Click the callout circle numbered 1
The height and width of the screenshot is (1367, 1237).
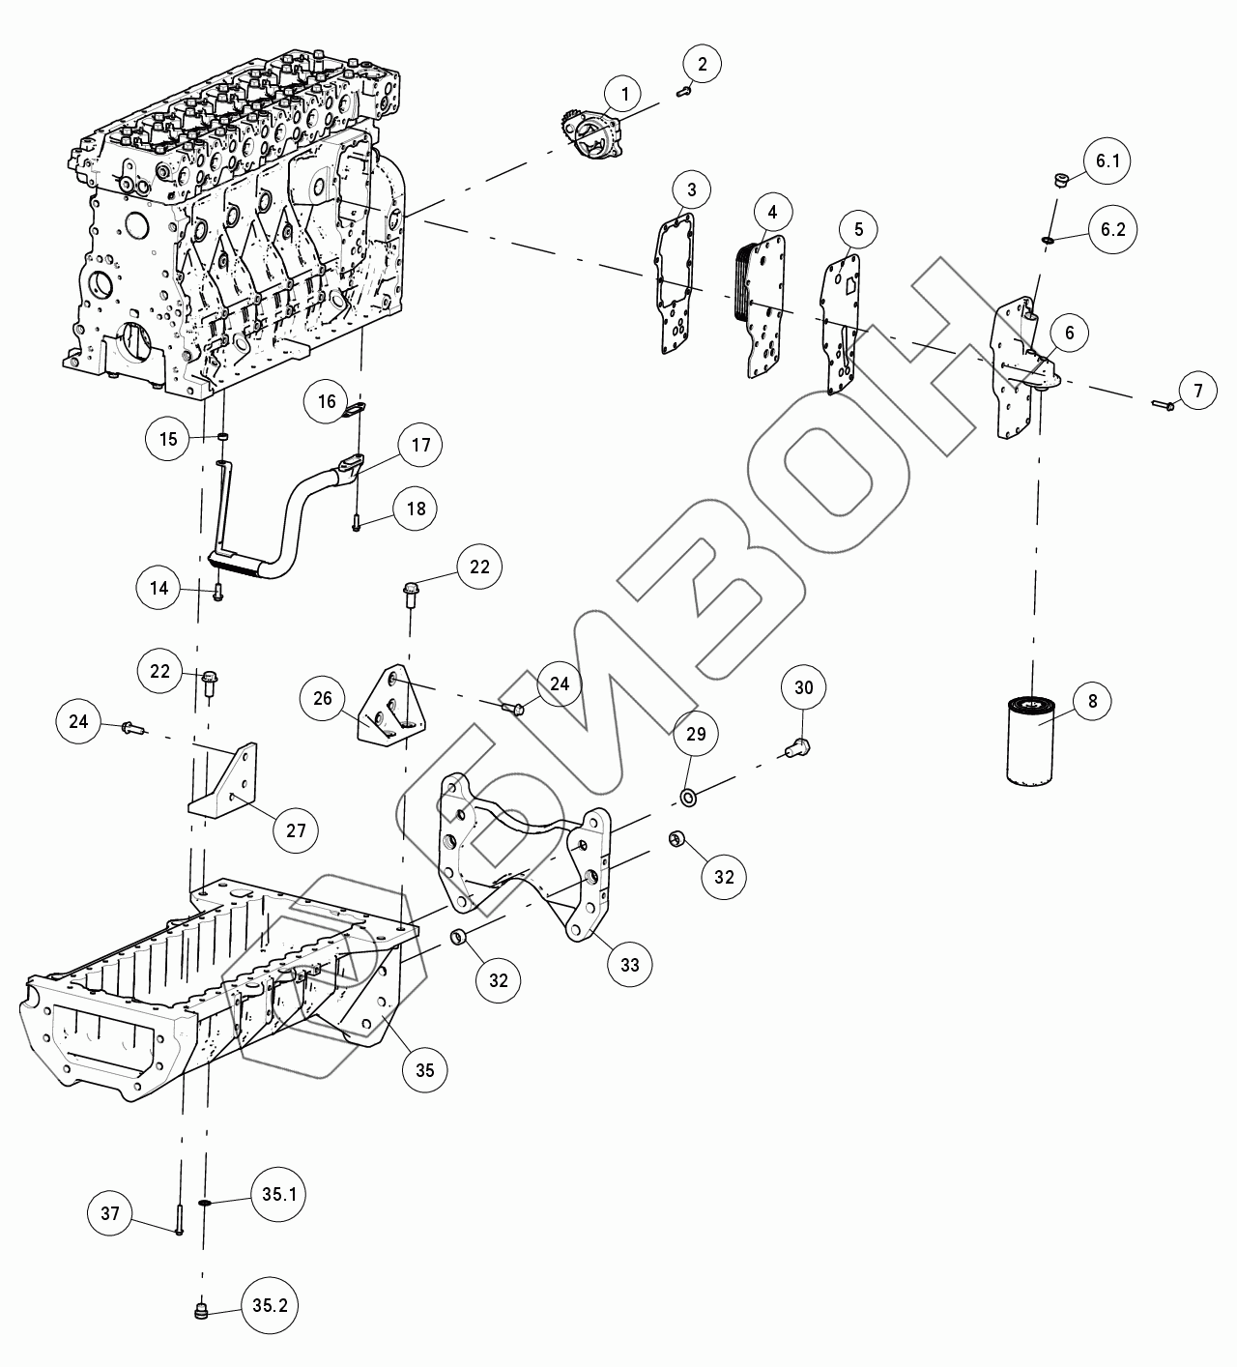pyautogui.click(x=624, y=94)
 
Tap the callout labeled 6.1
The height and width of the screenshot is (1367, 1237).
pyautogui.click(x=1107, y=162)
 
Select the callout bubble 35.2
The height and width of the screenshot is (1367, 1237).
pyautogui.click(x=270, y=1305)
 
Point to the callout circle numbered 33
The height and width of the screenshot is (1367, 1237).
pyautogui.click(x=630, y=964)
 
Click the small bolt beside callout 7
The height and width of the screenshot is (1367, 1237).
pyautogui.click(x=1162, y=405)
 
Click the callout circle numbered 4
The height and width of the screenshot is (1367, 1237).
pyautogui.click(x=772, y=211)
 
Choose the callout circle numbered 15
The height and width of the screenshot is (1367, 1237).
pyautogui.click(x=168, y=439)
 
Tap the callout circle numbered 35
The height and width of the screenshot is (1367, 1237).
pyautogui.click(x=424, y=1069)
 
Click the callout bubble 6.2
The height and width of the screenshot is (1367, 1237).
pyautogui.click(x=1107, y=230)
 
